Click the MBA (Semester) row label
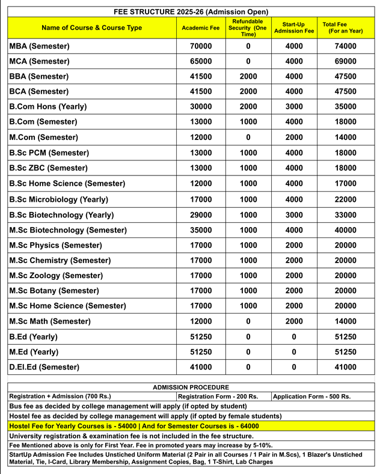pos(40,46)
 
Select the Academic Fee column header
pos(201,28)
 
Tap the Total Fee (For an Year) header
pos(342,28)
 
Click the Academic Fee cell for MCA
pos(201,61)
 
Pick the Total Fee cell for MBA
pos(345,46)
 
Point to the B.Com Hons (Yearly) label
pos(48,107)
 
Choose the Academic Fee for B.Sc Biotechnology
pos(201,214)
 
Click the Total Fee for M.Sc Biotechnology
pos(345,230)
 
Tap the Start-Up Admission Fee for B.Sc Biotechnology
pos(293,214)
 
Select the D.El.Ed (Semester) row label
pos(44,367)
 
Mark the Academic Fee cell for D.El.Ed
pos(201,367)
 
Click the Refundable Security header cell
pos(248,28)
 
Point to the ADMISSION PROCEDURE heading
pos(191,387)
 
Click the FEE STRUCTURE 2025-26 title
pos(191,11)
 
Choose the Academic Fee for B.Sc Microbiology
pos(201,199)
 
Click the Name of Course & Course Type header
pos(92,28)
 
